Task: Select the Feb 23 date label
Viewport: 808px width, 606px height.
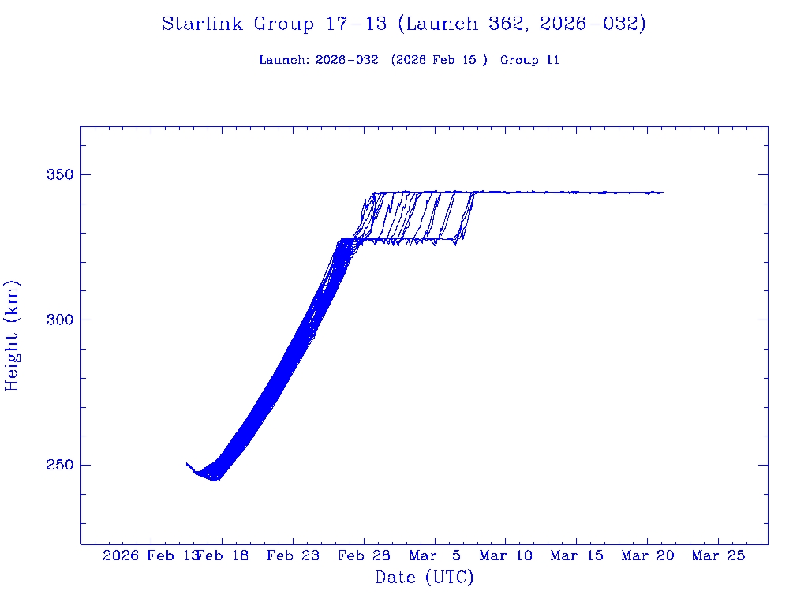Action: click(x=293, y=556)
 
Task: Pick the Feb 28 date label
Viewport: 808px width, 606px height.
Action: click(x=364, y=556)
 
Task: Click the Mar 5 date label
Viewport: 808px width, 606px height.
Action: click(x=435, y=556)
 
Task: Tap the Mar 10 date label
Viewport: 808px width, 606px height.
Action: click(x=506, y=556)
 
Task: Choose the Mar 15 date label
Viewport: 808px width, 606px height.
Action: click(x=577, y=556)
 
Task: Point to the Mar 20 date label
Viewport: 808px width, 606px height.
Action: click(x=648, y=556)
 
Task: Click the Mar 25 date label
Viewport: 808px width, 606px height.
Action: click(x=718, y=556)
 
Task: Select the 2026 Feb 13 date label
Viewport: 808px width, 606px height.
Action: click(x=150, y=556)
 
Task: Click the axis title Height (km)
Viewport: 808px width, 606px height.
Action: click(x=13, y=335)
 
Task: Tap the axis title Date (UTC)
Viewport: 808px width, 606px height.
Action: click(x=424, y=578)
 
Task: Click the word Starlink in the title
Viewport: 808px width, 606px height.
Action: click(x=204, y=24)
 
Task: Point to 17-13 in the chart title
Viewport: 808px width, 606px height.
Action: click(x=355, y=24)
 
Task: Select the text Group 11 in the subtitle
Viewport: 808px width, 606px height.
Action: click(x=529, y=60)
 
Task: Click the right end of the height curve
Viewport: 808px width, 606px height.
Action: click(x=663, y=192)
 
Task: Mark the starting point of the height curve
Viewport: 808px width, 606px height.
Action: click(x=187, y=463)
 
